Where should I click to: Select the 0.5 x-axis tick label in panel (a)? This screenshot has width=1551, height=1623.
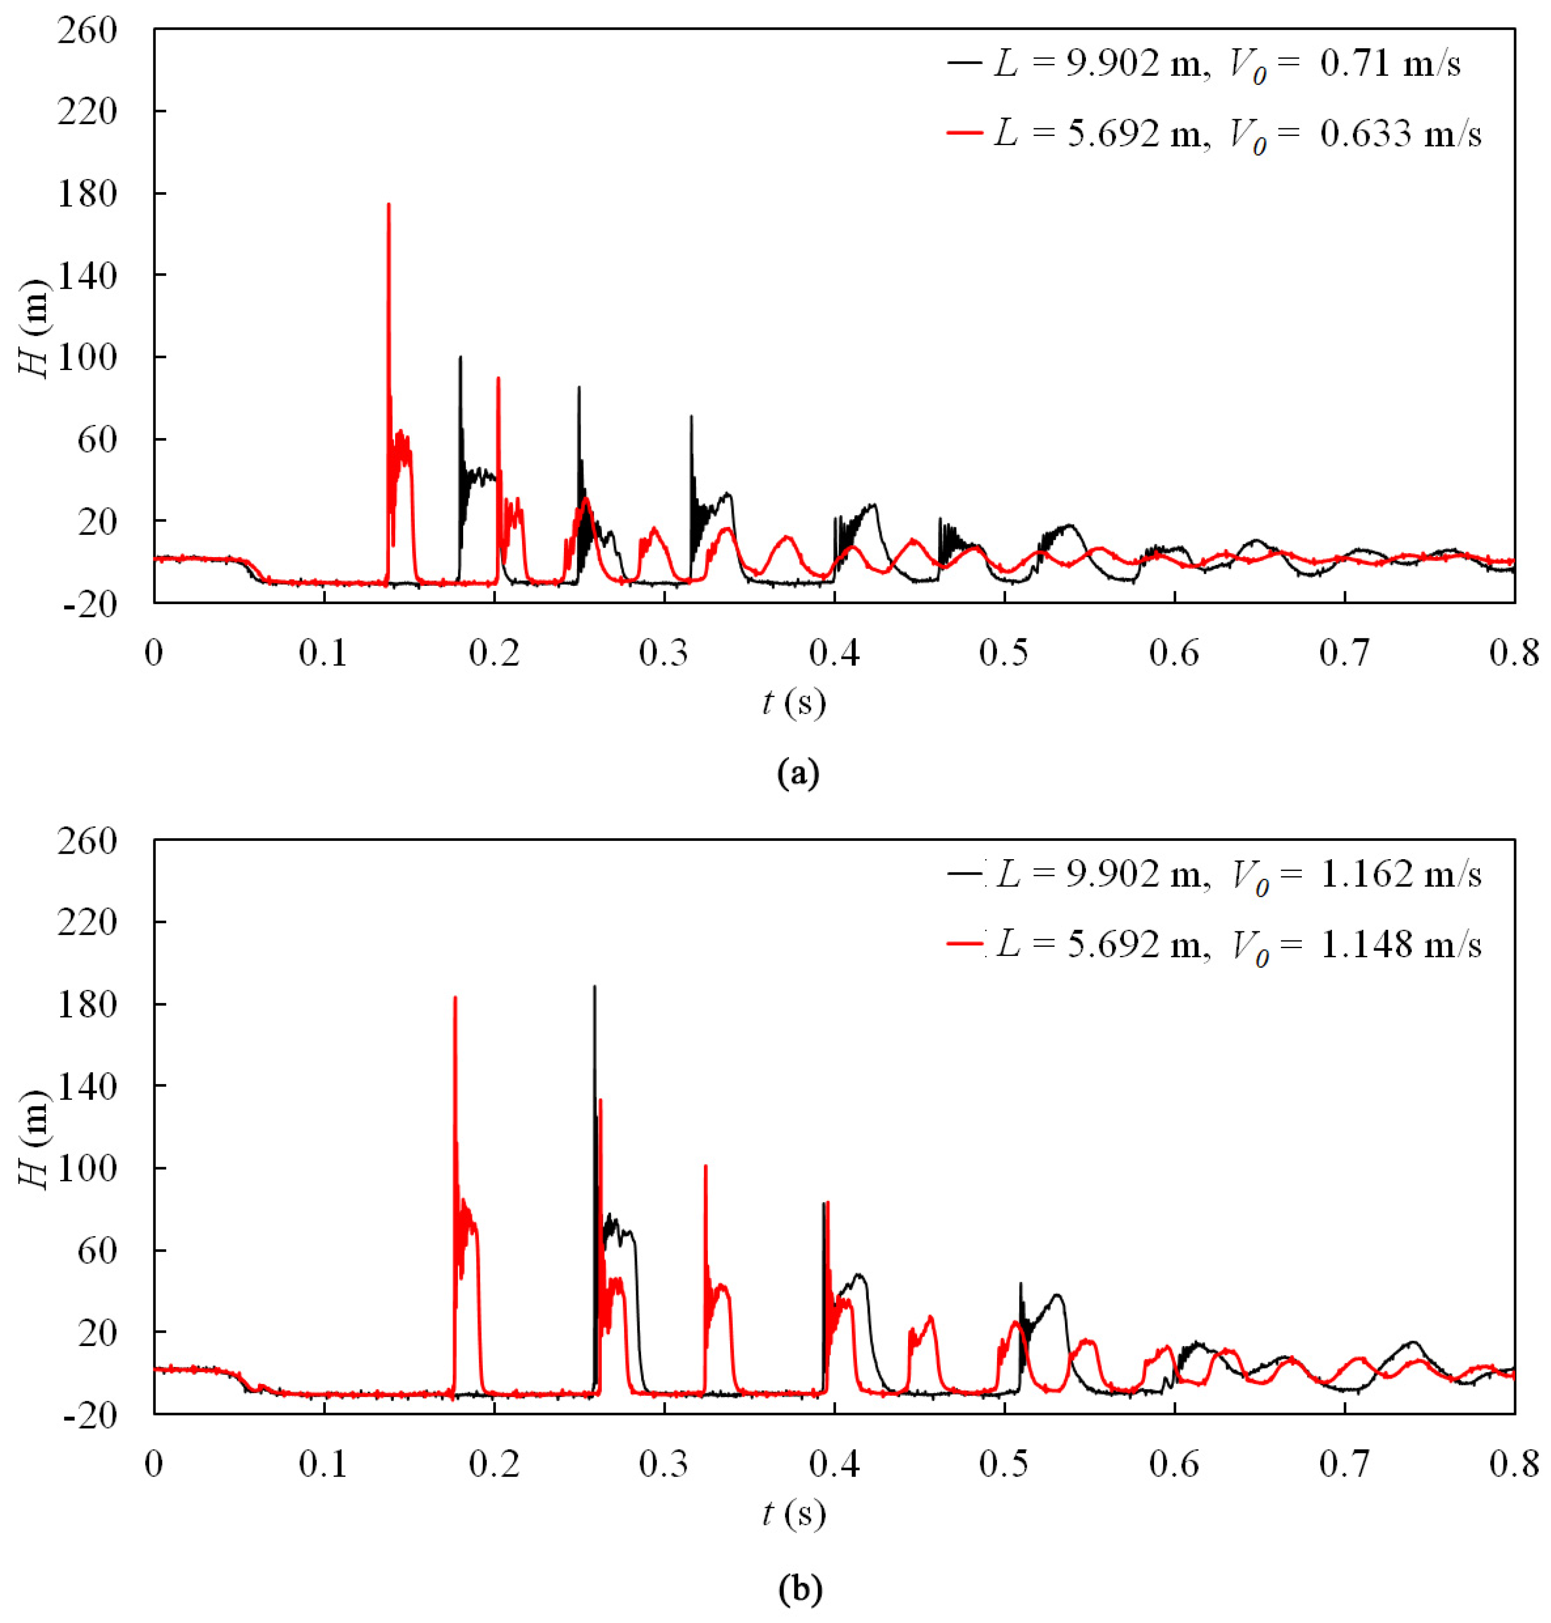[1004, 653]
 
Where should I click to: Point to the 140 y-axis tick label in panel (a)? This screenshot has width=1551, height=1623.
[87, 275]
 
